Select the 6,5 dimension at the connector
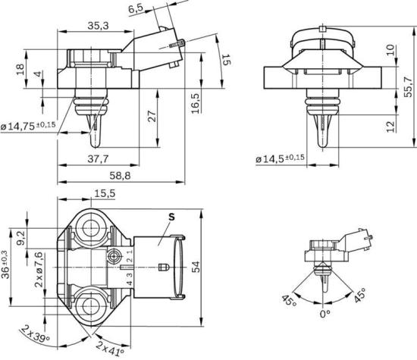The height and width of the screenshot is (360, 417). point(136,9)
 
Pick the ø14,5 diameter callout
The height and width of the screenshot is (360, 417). point(280,158)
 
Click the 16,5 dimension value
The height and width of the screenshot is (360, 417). point(195,101)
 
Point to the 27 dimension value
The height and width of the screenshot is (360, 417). point(152,116)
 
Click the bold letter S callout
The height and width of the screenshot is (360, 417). point(171,216)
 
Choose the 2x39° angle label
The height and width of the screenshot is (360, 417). point(36,335)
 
